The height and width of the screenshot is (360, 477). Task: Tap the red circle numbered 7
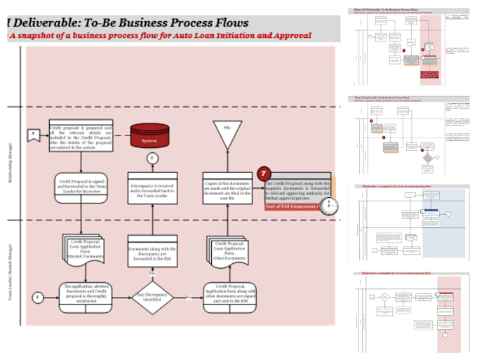point(264,174)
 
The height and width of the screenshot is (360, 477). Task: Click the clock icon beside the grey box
point(330,206)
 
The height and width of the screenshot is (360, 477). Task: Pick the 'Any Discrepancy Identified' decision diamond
point(153,298)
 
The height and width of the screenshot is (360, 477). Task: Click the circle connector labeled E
point(38,298)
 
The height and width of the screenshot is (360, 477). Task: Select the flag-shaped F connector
point(32,134)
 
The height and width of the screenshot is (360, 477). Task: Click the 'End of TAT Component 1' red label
point(290,207)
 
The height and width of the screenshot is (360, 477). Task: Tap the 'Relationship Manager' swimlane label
point(10,164)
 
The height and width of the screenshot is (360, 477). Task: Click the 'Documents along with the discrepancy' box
point(153,253)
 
